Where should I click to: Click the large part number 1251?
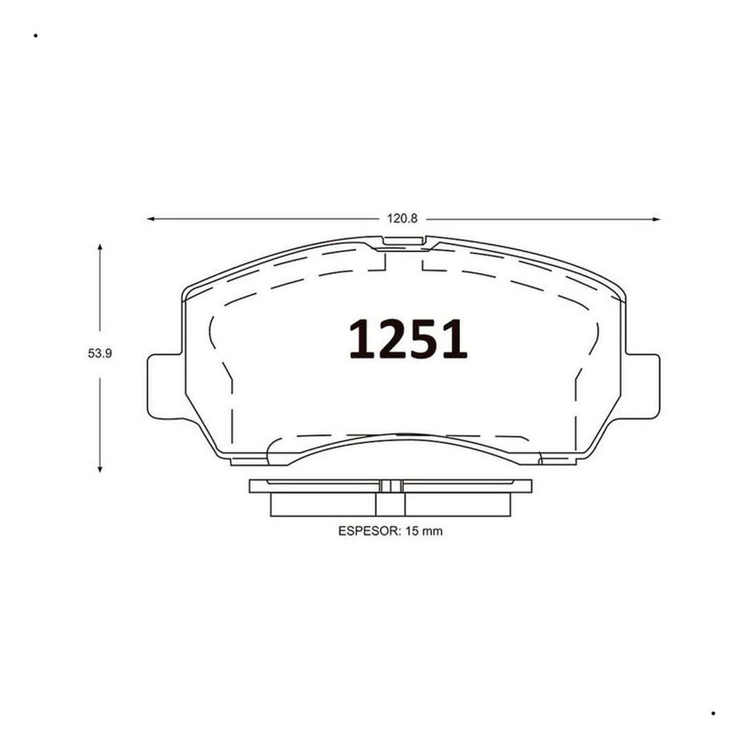tap(408, 338)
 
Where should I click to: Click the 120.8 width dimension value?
tap(402, 218)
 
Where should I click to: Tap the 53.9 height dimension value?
tap(100, 353)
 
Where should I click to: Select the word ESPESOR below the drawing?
tap(369, 531)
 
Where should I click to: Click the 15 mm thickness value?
tap(424, 531)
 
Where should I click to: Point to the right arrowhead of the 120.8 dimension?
tap(656, 219)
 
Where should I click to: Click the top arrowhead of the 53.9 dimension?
tap(100, 248)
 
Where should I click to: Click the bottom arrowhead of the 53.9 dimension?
tap(100, 469)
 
